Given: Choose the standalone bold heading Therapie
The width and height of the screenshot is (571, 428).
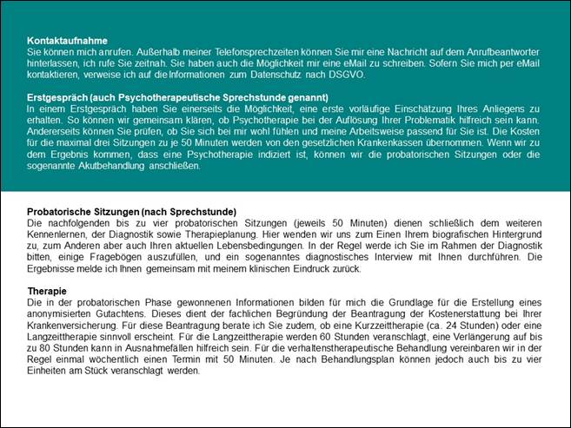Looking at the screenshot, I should coord(47,291).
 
